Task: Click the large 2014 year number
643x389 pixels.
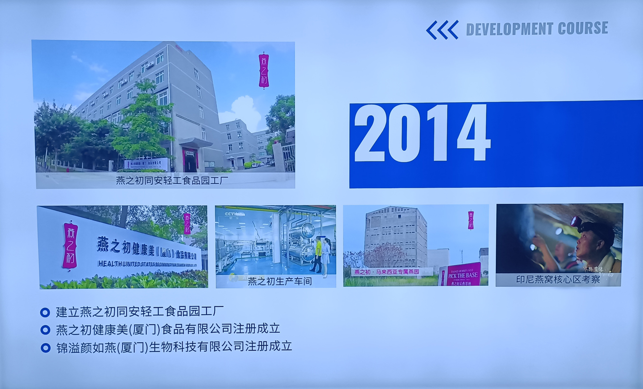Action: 422,133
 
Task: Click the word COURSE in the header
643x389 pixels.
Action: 583,29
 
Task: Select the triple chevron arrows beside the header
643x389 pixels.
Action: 442,30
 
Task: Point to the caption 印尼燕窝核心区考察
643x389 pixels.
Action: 558,280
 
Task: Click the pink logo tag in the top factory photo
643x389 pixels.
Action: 264,71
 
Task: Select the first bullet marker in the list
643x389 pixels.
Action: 45,312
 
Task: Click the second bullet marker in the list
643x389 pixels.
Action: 45,330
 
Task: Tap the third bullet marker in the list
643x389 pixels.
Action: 45,348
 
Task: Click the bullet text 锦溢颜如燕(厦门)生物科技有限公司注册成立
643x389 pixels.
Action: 174,347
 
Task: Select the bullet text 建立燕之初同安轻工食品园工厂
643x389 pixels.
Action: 140,312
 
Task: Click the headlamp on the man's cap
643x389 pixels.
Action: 576,222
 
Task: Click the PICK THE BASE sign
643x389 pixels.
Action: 459,275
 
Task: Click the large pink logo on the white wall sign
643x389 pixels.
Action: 70,245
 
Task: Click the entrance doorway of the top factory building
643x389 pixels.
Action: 189,160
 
